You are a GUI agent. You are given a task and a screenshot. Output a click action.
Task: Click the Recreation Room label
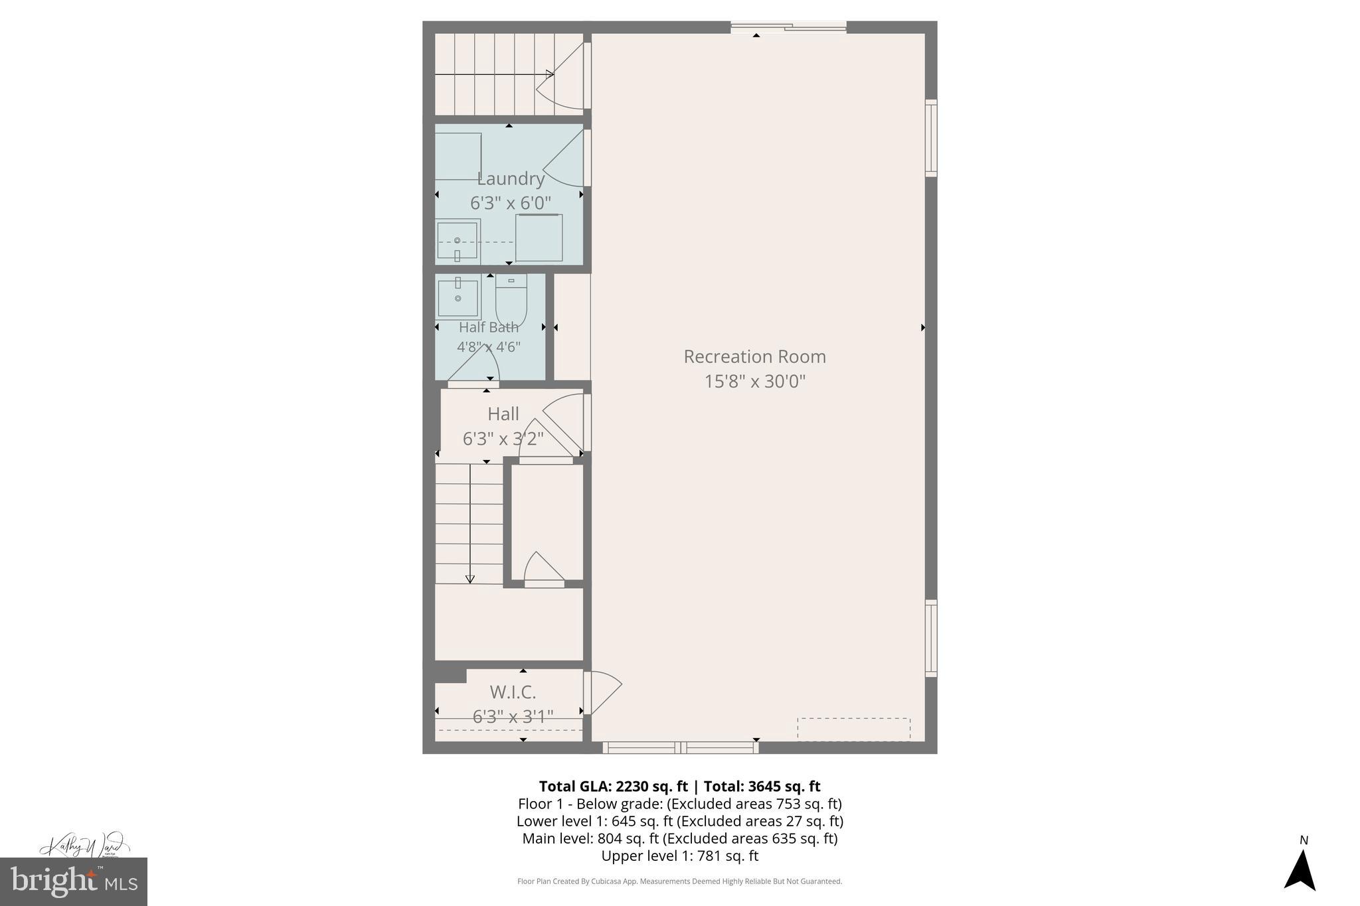pos(754,357)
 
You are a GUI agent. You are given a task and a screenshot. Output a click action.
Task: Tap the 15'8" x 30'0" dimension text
pos(754,382)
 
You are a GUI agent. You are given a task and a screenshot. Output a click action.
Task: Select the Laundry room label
pos(511,179)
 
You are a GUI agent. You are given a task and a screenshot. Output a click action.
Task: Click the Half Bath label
pos(489,327)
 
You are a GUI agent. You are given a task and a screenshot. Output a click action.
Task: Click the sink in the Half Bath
pos(458,299)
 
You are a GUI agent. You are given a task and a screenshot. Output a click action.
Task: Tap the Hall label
pos(503,414)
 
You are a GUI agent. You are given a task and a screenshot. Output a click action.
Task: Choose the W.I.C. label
pos(513,692)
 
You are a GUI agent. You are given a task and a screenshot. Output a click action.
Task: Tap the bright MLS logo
pos(74,881)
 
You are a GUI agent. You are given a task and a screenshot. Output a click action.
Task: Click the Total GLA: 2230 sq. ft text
pos(612,787)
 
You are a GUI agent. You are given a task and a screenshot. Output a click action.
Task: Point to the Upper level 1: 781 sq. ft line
pos(679,856)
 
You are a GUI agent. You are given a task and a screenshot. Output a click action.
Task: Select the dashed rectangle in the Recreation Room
pos(853,729)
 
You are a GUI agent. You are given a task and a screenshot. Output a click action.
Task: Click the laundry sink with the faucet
pos(457,241)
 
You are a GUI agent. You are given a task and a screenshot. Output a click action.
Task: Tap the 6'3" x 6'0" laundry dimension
pos(511,203)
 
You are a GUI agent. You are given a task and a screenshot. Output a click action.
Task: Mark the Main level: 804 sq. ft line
pos(679,839)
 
